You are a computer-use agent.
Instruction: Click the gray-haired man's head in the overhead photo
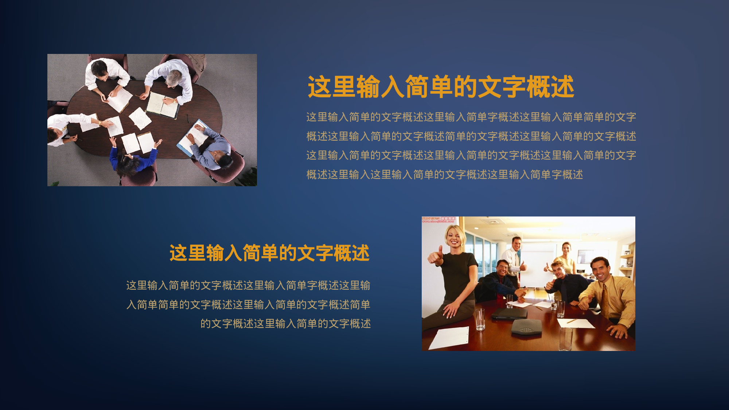tap(175, 77)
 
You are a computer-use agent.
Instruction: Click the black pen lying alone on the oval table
tap(188, 118)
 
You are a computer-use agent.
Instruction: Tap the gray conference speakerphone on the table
tap(526, 327)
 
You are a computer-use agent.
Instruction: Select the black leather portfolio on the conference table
tap(509, 313)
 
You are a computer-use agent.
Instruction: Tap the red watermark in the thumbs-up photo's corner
tap(438, 219)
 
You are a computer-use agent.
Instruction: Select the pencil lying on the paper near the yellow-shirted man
tap(571, 321)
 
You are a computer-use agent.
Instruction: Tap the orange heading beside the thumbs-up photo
tap(269, 253)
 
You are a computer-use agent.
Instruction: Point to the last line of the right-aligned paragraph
tap(285, 324)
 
